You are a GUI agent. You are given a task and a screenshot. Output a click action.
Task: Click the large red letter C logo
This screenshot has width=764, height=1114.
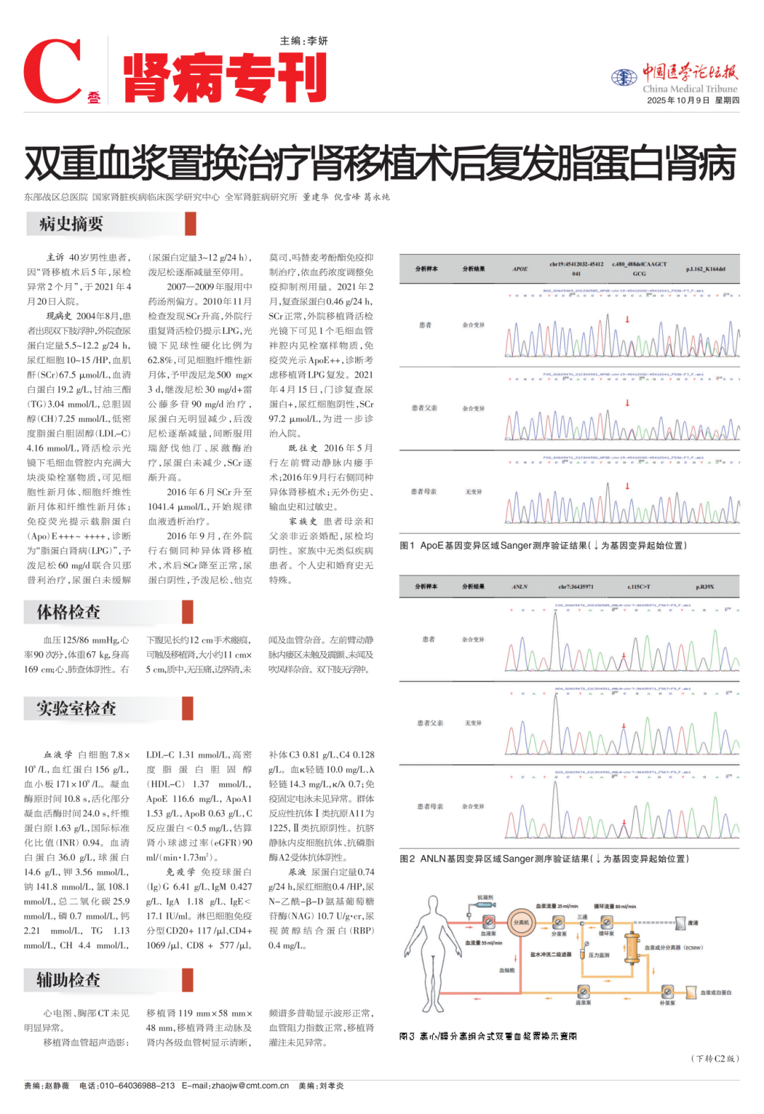click(x=54, y=71)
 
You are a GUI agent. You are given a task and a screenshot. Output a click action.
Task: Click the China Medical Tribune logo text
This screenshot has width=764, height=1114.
click(x=689, y=89)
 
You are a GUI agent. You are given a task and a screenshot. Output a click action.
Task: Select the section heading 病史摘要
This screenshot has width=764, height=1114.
click(x=71, y=224)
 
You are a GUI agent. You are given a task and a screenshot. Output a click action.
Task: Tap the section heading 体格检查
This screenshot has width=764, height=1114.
click(x=69, y=612)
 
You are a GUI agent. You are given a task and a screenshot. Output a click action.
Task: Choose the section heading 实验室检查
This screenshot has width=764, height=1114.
click(x=76, y=708)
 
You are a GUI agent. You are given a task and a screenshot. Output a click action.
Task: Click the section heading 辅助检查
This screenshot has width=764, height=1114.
click(x=69, y=980)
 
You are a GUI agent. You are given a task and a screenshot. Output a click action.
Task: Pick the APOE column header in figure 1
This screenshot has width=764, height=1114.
click(x=520, y=269)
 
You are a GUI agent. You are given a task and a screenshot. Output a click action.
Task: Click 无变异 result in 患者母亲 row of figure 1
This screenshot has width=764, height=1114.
click(x=473, y=491)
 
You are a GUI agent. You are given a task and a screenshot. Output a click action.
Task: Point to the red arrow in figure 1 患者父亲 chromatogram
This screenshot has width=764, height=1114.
click(x=627, y=403)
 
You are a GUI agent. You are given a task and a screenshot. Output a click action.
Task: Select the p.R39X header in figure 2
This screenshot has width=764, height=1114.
click(x=705, y=587)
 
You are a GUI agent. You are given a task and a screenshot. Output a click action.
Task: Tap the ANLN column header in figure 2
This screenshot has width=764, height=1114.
click(x=520, y=587)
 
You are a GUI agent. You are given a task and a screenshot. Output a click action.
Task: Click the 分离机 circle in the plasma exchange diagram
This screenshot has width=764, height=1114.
click(x=521, y=922)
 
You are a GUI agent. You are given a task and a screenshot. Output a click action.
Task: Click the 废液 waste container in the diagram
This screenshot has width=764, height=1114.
click(x=681, y=923)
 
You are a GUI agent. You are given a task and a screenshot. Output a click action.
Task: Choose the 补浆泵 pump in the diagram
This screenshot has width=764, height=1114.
click(x=667, y=992)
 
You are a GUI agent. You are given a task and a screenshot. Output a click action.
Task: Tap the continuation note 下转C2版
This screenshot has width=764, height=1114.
click(x=714, y=1059)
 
